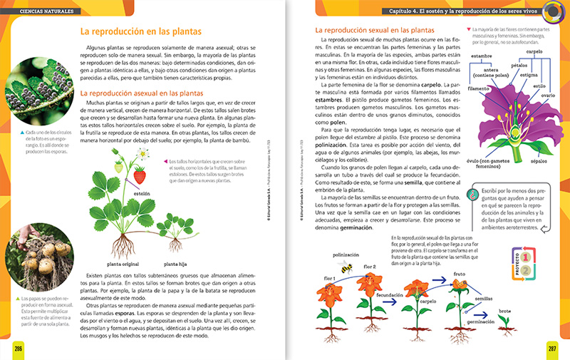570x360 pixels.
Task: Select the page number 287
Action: [x=552, y=347]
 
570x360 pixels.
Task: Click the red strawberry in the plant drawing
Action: [x=140, y=175]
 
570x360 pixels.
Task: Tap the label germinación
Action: [x=481, y=322]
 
